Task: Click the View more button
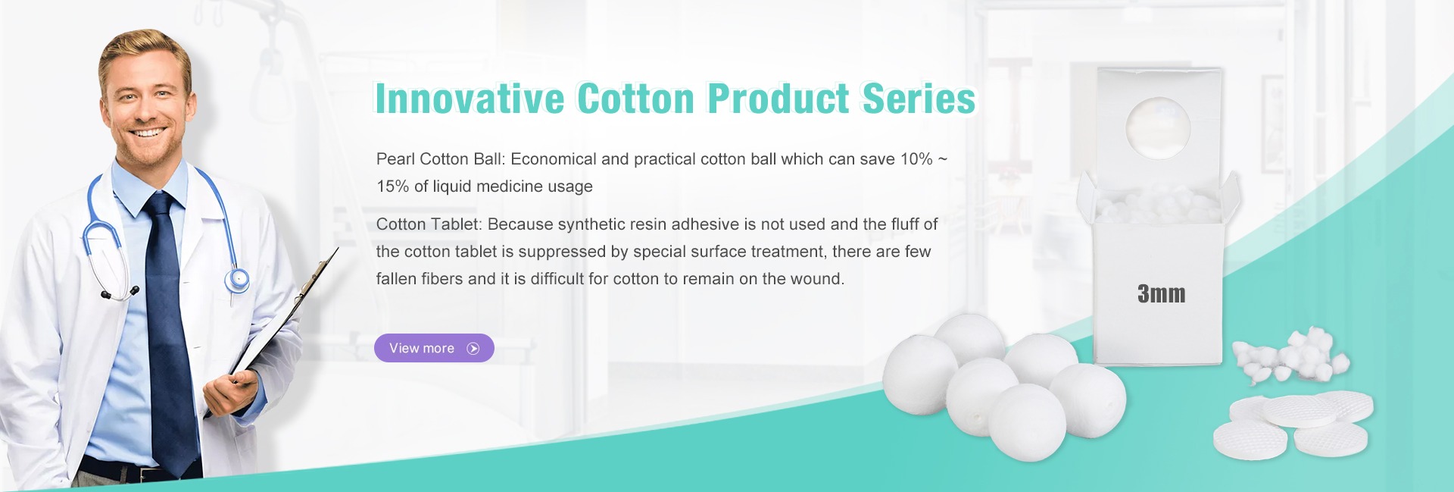point(434,348)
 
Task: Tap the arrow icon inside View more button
point(473,349)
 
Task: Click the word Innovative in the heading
point(470,99)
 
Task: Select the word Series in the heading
point(919,99)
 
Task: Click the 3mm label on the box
point(1161,294)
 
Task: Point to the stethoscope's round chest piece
point(237,280)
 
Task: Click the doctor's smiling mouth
point(148,133)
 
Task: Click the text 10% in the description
point(916,159)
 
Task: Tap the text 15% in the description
point(393,186)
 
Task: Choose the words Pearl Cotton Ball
point(439,159)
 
